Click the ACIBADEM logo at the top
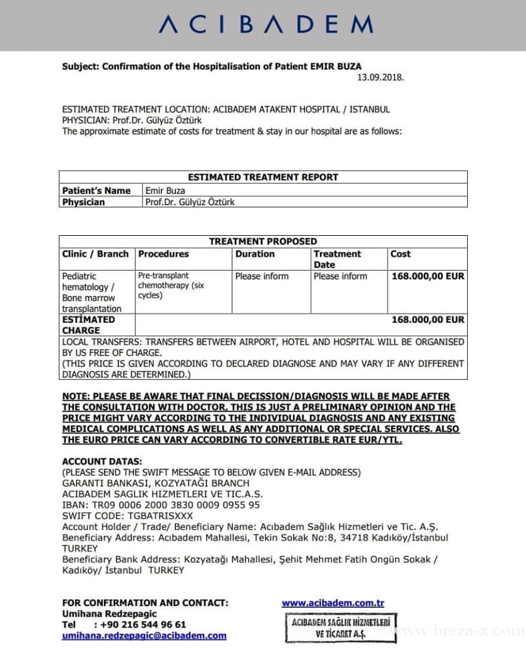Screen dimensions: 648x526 coord(266,24)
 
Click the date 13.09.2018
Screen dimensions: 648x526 coord(380,78)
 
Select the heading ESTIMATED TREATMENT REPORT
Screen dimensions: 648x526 coord(263,177)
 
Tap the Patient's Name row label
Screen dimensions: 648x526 coord(96,190)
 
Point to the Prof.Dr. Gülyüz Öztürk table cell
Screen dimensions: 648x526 coord(190,202)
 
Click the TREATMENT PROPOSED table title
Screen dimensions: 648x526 coord(263,241)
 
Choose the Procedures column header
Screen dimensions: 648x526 coord(163,254)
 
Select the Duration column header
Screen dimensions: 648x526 coord(255,254)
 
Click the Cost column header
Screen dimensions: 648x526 coord(401,254)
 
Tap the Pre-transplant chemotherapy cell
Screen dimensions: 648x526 coord(171,285)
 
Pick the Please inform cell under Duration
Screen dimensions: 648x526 coord(262,276)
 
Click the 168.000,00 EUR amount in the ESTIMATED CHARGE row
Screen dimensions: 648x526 coord(428,320)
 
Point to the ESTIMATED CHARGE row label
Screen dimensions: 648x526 coord(88,325)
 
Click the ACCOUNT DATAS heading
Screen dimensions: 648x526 coord(101,462)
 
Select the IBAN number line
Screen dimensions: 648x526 coord(161,505)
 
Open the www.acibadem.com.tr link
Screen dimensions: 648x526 coord(333,603)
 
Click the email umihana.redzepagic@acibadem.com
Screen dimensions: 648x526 coord(144,635)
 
